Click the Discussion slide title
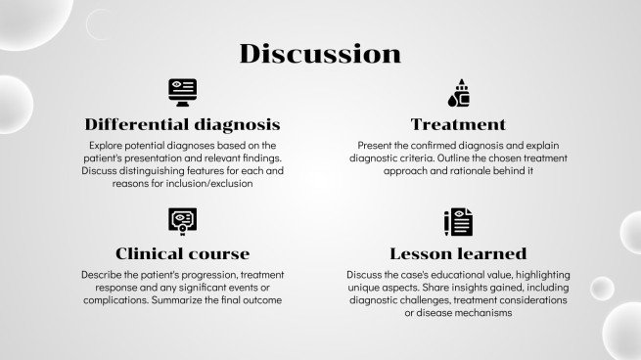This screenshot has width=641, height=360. (x=320, y=53)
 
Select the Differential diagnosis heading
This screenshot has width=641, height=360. (x=183, y=124)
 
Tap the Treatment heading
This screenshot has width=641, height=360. (x=458, y=124)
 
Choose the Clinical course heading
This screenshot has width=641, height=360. (x=183, y=253)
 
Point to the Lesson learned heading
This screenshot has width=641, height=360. (x=458, y=253)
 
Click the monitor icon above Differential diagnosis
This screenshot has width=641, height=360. (x=183, y=91)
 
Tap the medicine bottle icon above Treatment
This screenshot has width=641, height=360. (x=458, y=91)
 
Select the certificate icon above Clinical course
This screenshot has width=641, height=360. (x=183, y=220)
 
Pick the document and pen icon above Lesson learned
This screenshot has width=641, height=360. (x=458, y=221)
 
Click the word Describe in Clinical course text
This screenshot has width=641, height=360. (x=103, y=275)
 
